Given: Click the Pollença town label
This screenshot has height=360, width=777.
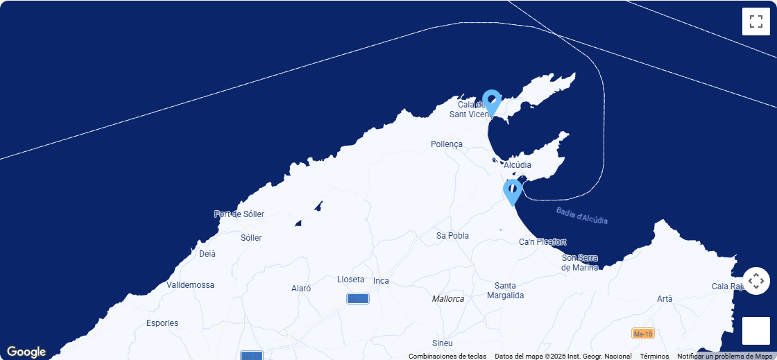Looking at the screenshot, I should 446,144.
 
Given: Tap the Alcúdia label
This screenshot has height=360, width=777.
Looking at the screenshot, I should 518,165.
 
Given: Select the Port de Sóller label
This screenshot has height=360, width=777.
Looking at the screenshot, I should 239,214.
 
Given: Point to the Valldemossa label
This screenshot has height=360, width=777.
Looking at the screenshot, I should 190,285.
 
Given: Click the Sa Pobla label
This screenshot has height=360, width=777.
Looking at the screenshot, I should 452,236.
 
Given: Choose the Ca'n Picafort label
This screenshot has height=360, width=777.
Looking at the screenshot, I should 543,242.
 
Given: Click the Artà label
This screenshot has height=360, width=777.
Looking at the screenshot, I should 665,299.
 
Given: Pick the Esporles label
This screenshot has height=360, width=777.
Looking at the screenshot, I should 162,323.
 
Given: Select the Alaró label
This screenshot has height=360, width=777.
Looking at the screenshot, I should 301,289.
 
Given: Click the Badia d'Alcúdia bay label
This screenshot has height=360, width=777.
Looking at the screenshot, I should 581,216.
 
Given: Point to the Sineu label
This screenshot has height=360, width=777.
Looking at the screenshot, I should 442,343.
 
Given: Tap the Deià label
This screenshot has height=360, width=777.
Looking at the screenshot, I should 207,254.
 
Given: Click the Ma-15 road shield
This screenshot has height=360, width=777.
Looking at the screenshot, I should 643,334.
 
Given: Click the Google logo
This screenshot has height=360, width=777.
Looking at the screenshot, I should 26,352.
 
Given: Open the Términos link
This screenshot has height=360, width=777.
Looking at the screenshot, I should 654,357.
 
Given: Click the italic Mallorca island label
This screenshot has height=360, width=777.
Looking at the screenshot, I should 448,299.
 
